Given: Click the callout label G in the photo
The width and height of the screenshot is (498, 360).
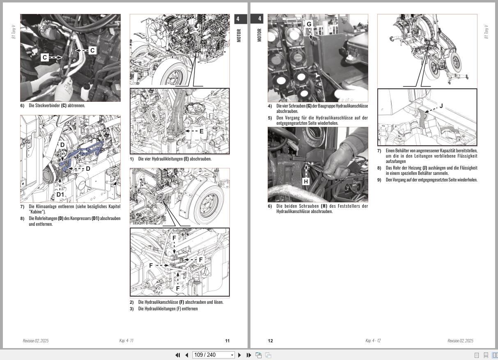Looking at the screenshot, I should (x=309, y=24).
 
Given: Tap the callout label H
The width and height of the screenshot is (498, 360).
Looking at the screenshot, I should (x=305, y=181).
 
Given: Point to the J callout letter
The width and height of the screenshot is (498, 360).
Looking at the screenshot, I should (x=441, y=106).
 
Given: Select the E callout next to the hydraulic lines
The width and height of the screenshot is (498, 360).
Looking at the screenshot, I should (x=201, y=131).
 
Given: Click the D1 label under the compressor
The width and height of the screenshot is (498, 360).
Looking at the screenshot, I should (x=60, y=194).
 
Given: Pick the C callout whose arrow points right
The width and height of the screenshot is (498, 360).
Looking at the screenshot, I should (x=44, y=57).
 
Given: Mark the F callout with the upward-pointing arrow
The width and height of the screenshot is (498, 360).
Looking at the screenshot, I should (x=178, y=288).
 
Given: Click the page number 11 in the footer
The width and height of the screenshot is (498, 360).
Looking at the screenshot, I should (x=227, y=341).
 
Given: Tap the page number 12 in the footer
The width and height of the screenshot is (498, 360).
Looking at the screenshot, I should (x=270, y=341).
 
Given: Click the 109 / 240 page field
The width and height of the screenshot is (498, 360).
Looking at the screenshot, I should (x=210, y=355).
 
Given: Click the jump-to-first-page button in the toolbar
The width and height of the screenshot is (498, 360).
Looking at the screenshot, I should (x=178, y=355).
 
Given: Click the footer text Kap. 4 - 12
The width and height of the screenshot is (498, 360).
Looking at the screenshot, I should (x=373, y=341).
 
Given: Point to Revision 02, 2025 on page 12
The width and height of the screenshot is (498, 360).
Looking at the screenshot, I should (x=460, y=341).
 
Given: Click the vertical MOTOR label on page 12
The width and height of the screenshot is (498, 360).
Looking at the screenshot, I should (x=259, y=35).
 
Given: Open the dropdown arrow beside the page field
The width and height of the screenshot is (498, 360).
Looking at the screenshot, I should (x=232, y=355).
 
